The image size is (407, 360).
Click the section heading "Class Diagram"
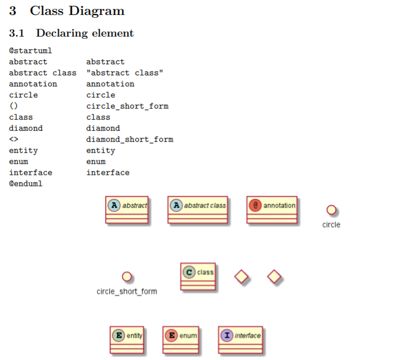click(77, 11)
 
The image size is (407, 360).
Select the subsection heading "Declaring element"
click(85, 33)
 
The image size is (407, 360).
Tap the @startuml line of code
click(30, 51)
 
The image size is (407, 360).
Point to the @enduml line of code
click(26, 184)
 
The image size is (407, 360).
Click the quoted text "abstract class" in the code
click(125, 73)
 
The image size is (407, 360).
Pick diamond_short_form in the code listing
click(130, 140)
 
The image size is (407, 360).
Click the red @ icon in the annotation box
click(256, 205)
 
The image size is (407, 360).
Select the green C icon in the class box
click(189, 272)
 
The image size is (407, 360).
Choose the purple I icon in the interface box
click(227, 335)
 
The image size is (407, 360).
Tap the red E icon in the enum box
click(171, 335)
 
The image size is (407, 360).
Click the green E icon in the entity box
click(118, 335)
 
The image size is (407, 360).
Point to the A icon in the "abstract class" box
click(176, 205)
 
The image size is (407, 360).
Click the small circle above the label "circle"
click(331, 210)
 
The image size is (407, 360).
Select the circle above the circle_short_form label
click(126, 276)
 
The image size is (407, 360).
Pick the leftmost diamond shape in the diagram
click(241, 276)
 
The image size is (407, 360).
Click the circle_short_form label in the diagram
click(126, 291)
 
